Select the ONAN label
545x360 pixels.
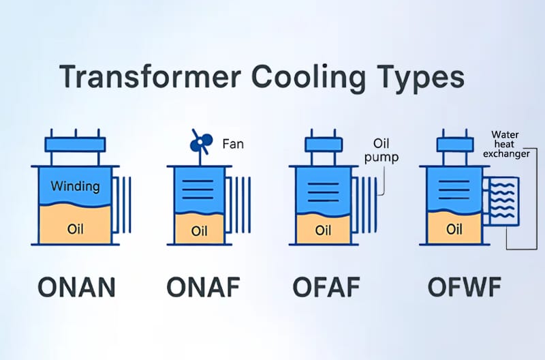[x=76, y=287]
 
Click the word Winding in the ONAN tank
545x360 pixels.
[x=75, y=186]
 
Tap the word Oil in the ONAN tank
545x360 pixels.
[x=76, y=228]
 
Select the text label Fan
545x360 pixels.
[x=232, y=144]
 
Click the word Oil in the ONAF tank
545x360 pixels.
[x=199, y=231]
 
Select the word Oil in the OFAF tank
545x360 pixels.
[x=324, y=230]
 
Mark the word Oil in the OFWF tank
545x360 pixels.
[x=454, y=230]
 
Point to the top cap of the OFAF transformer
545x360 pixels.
[x=324, y=144]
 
